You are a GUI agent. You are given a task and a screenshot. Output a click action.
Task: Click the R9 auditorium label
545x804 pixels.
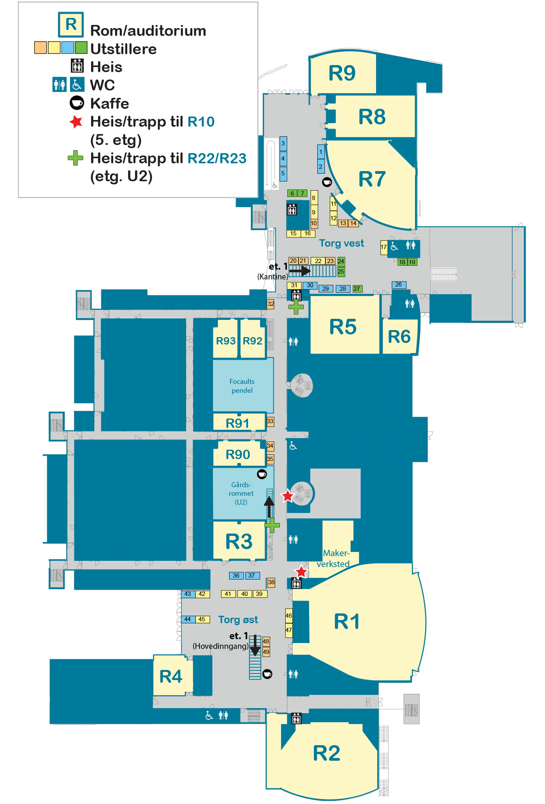tap(342, 73)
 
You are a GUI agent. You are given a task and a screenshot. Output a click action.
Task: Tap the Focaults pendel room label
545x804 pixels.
tap(242, 386)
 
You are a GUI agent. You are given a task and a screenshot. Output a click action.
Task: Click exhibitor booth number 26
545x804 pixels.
tap(399, 284)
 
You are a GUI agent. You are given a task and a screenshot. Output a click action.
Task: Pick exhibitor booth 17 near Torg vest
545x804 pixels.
tap(384, 247)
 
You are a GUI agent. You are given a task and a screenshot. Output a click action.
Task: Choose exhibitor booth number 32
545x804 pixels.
tap(271, 304)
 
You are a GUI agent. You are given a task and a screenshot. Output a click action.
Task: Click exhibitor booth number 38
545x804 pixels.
tap(271, 582)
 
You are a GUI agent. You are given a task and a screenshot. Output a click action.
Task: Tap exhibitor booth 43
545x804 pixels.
tap(188, 594)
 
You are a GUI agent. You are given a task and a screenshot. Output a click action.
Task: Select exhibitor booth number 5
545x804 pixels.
tap(283, 173)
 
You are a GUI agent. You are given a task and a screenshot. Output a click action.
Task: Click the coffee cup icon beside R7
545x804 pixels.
tap(327, 182)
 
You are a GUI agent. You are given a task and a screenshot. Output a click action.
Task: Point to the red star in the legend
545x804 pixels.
tap(76, 122)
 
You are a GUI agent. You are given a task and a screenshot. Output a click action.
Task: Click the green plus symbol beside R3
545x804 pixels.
tap(272, 525)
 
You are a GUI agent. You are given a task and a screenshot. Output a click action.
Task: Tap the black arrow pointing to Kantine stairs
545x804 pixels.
tap(300, 270)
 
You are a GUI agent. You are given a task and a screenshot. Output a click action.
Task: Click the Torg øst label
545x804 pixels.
tap(238, 620)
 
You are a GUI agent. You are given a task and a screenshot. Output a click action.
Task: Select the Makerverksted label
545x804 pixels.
tap(334, 558)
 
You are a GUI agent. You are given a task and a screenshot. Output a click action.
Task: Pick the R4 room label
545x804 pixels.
tap(171, 677)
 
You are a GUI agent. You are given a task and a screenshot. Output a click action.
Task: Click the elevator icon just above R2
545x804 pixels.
tap(296, 718)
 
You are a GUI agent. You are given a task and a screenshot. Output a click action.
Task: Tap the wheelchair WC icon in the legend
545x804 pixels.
tap(77, 85)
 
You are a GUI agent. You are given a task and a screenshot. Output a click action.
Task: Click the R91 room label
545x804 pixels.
tap(237, 423)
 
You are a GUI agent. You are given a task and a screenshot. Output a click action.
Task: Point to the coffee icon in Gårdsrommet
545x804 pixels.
tap(262, 474)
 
